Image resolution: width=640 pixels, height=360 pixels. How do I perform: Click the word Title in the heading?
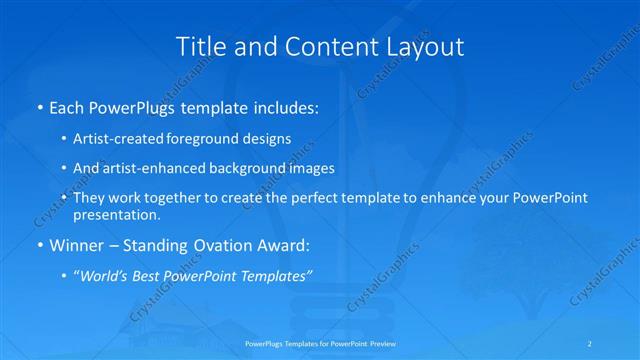click(x=199, y=46)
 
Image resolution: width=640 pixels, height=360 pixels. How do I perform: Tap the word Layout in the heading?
click(x=427, y=46)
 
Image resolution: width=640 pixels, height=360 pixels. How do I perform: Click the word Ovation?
click(x=225, y=244)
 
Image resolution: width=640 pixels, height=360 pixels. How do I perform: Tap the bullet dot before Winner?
click(x=40, y=244)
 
